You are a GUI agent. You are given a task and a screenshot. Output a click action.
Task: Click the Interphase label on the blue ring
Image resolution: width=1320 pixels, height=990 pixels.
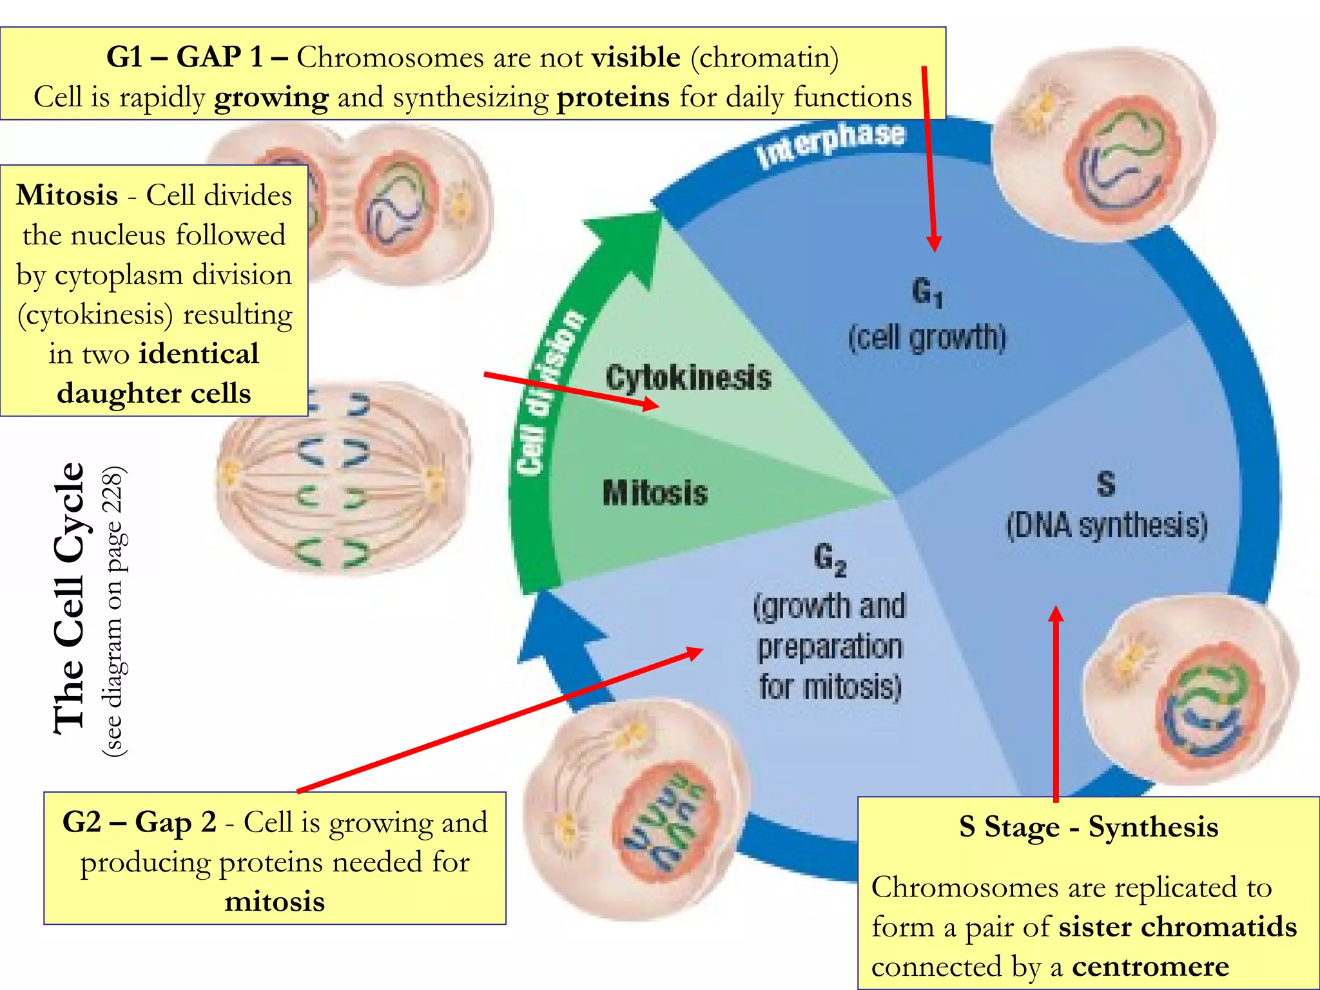click(x=831, y=143)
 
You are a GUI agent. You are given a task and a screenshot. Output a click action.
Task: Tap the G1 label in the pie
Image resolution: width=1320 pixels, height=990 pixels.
click(x=927, y=291)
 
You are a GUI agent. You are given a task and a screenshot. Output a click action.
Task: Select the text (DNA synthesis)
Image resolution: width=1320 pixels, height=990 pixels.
click(x=1106, y=525)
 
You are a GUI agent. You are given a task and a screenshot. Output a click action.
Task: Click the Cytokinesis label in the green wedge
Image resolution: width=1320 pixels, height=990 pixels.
click(x=688, y=378)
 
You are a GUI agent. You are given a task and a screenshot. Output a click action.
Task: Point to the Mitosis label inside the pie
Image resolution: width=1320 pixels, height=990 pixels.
click(x=655, y=493)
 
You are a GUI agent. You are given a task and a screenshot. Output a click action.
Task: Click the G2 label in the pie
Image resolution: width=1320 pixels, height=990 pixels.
click(x=829, y=558)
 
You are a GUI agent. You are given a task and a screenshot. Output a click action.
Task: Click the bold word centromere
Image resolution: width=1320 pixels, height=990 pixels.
click(x=1150, y=966)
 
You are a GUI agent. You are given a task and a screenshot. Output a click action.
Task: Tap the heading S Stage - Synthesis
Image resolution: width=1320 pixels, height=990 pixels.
click(x=1088, y=827)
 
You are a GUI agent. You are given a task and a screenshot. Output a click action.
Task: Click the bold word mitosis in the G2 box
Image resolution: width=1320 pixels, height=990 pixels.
click(x=275, y=901)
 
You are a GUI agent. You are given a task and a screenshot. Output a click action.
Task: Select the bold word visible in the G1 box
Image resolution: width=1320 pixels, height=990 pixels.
click(x=636, y=58)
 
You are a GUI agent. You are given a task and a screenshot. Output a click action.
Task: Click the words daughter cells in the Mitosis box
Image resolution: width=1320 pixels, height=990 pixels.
click(x=153, y=393)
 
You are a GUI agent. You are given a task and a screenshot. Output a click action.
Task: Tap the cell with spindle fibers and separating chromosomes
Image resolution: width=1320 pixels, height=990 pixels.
click(x=342, y=480)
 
